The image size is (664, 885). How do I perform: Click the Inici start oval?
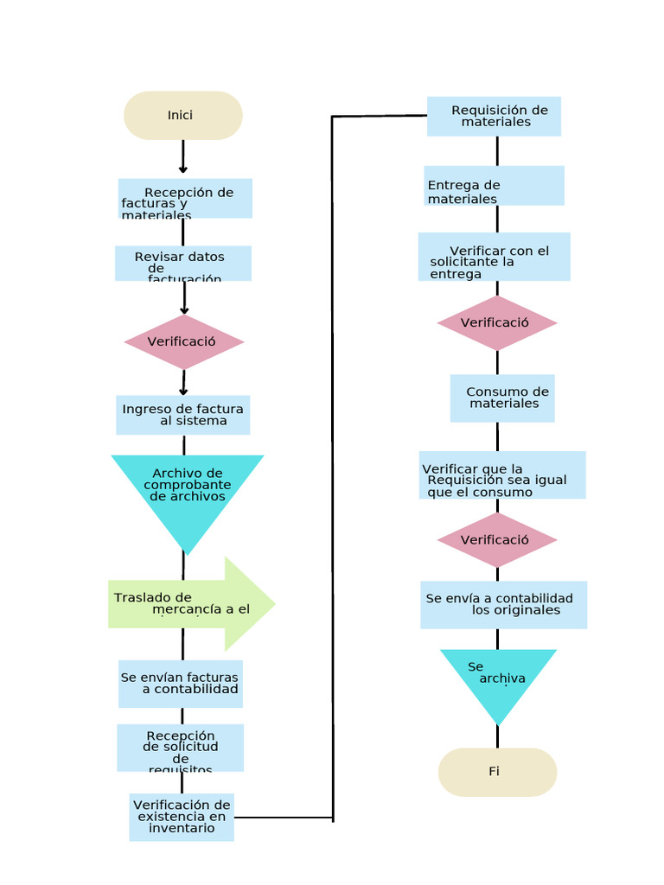pyautogui.click(x=182, y=115)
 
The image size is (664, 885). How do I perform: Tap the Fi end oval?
pyautogui.click(x=497, y=772)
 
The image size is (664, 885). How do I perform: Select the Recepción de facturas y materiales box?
pyautogui.click(x=185, y=199)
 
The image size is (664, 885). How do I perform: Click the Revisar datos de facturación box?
pyautogui.click(x=183, y=264)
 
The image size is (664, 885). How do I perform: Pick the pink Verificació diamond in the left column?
pyautogui.click(x=184, y=341)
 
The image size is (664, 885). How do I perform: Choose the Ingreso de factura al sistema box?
pyautogui.click(x=183, y=415)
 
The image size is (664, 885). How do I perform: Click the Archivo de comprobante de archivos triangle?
pyautogui.click(x=187, y=488)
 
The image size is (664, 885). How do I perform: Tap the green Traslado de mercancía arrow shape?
pyautogui.click(x=190, y=603)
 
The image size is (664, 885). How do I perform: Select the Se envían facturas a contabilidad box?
pyautogui.click(x=181, y=684)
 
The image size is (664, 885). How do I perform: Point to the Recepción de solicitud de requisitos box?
pyautogui.click(x=181, y=748)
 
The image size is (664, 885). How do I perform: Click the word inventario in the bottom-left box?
pyautogui.click(x=182, y=828)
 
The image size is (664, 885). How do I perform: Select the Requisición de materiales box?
pyautogui.click(x=495, y=116)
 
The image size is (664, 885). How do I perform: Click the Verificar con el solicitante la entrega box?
pyautogui.click(x=495, y=257)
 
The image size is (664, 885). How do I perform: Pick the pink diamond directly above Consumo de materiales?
pyautogui.click(x=497, y=323)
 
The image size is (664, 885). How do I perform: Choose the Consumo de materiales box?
pyautogui.click(x=502, y=398)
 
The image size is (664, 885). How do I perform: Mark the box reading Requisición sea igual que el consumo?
pyautogui.click(x=502, y=475)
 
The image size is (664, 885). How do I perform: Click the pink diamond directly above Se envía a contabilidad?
pyautogui.click(x=497, y=540)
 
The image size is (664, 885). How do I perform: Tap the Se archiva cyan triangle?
pyautogui.click(x=498, y=678)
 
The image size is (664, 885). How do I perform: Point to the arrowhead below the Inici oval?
pyautogui.click(x=182, y=169)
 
